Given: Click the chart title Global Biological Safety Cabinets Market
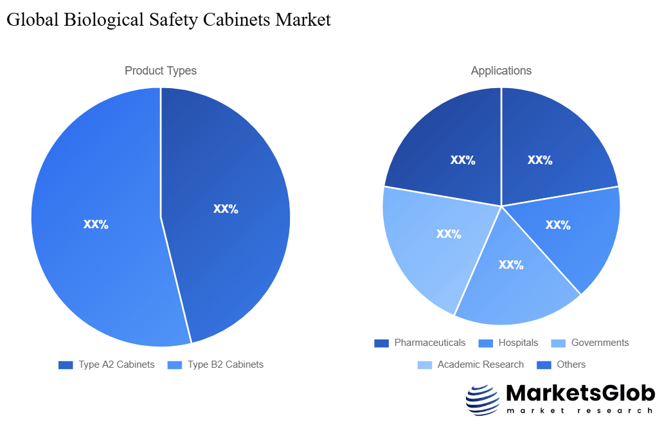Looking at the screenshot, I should pyautogui.click(x=168, y=20).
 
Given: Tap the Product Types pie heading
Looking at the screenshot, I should pyautogui.click(x=161, y=71).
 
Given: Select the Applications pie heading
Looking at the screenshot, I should pyautogui.click(x=501, y=71).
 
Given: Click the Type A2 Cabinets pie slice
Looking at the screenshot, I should pyautogui.click(x=225, y=193).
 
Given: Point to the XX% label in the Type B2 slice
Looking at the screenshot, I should pyautogui.click(x=96, y=224).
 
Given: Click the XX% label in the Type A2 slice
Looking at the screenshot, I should pyautogui.click(x=226, y=209).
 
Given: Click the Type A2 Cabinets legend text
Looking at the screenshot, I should pyautogui.click(x=116, y=364).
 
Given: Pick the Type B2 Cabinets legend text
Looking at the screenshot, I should pyautogui.click(x=226, y=364).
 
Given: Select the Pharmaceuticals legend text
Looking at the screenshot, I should pyautogui.click(x=429, y=343).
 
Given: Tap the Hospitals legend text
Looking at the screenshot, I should pyautogui.click(x=518, y=343).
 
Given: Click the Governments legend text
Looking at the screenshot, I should pyautogui.click(x=600, y=343).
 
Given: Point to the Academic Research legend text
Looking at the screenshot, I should pyautogui.click(x=480, y=364).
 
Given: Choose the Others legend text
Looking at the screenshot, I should pyautogui.click(x=571, y=364).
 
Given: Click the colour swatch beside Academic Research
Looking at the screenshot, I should pyautogui.click(x=425, y=364).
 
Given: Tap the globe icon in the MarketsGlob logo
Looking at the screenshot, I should pyautogui.click(x=482, y=401).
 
